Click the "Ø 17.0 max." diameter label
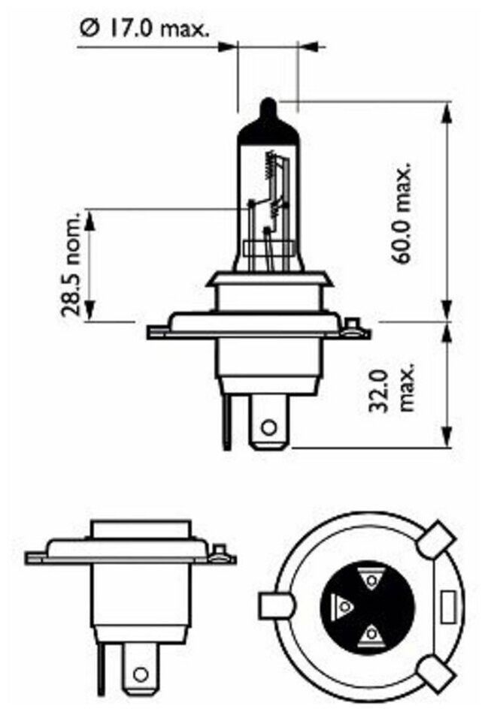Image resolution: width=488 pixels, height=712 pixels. point(143,29)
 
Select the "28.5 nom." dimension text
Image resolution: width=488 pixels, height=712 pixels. point(73,267)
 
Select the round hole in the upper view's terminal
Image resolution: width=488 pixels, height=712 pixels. point(268,430)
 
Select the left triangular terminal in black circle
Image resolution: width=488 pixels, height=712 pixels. point(342,605)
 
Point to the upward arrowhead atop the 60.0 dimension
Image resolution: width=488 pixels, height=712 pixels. point(449,108)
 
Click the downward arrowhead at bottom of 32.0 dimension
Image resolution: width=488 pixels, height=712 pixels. point(449,443)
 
